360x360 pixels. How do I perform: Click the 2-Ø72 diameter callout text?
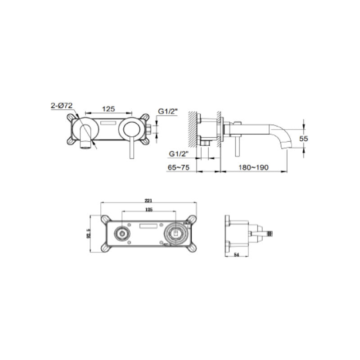pos(62,106)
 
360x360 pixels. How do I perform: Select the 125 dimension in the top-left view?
pos(108,108)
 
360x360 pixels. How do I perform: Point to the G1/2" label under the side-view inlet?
pos(178,154)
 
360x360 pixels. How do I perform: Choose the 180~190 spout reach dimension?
pos(253,166)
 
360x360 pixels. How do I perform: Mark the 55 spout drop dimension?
pos(303,139)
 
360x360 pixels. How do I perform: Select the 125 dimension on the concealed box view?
pos(148,210)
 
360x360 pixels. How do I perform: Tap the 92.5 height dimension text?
pos(90,234)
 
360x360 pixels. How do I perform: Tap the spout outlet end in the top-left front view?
pos(85,147)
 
